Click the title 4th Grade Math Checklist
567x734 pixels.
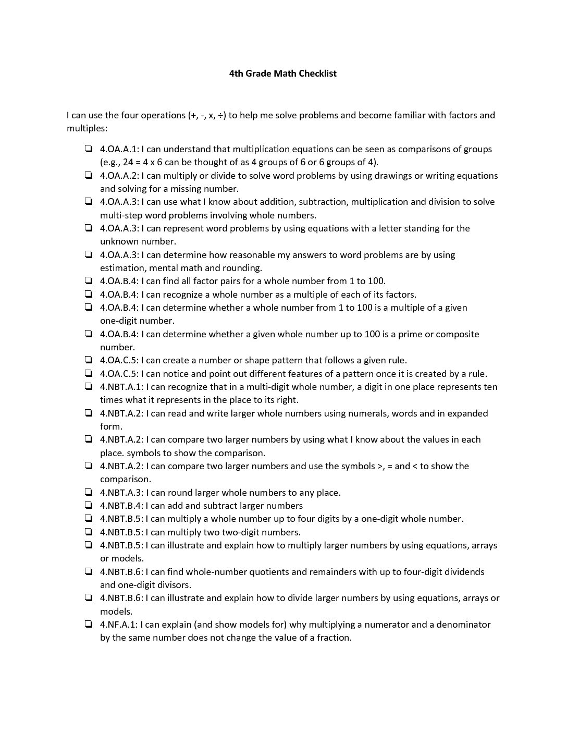click(x=283, y=74)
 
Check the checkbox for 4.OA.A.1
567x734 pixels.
click(x=89, y=149)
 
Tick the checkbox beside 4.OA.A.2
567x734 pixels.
click(x=89, y=175)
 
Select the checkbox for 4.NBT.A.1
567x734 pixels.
click(x=89, y=386)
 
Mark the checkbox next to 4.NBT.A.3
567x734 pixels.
click(x=89, y=492)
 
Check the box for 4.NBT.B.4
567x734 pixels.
click(x=89, y=505)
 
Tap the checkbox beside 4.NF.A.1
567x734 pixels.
click(x=89, y=624)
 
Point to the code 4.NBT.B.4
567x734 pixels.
click(x=121, y=506)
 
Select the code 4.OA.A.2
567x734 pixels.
click(x=119, y=176)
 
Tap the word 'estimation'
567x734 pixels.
click(x=122, y=268)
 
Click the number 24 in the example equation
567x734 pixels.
click(x=128, y=162)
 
